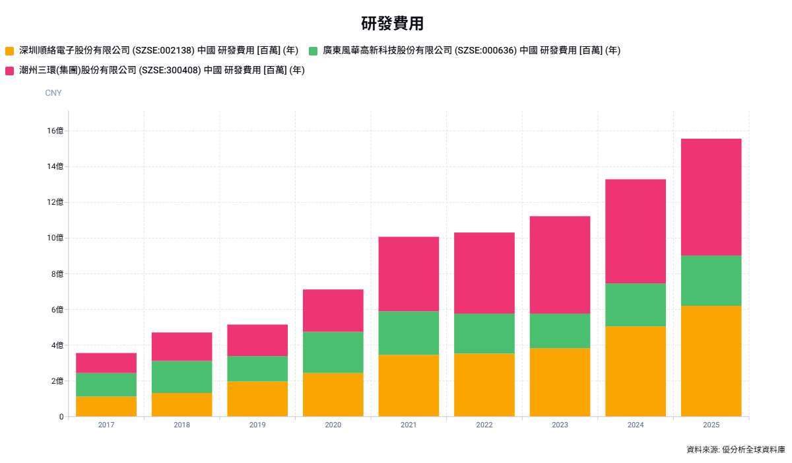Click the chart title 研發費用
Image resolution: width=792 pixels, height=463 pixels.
coord(392,24)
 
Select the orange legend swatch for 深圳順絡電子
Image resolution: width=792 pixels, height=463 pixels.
coord(9,51)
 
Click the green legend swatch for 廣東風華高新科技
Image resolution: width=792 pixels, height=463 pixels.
coord(313,51)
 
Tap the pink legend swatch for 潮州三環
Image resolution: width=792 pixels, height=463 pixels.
coord(9,71)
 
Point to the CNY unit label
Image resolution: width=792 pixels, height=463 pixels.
coord(53,93)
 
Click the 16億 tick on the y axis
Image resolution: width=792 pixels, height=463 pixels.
coord(55,131)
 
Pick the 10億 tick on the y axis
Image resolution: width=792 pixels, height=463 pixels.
coord(55,238)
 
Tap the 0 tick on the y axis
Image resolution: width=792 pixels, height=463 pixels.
coord(61,417)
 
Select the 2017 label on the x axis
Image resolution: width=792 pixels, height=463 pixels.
coord(106,425)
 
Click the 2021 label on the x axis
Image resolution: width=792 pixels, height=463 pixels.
coord(409,425)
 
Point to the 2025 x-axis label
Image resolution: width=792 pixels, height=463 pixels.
coord(711,425)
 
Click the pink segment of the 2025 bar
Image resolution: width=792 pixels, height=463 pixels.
coord(711,197)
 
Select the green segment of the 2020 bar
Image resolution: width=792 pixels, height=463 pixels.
coord(333,352)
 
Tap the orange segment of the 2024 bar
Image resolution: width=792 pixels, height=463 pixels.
coord(635,371)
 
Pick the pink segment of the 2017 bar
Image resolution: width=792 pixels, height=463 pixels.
coord(106,363)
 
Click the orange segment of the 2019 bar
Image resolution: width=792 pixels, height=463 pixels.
coord(257,399)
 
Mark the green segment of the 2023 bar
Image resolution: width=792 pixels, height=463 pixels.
coord(560,331)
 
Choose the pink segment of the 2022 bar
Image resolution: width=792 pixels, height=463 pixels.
coord(484,273)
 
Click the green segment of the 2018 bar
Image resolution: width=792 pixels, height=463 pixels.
coord(181,377)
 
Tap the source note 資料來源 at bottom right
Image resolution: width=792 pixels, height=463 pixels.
coord(735,450)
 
